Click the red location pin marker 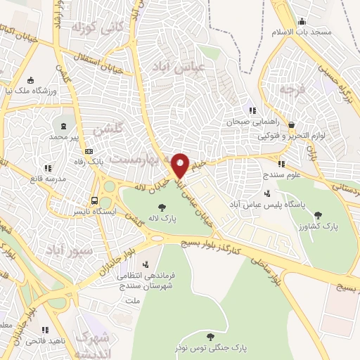[180, 165]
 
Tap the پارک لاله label [163, 219]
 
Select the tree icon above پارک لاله [163, 207]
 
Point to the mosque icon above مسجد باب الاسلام [302, 21]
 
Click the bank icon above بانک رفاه [89, 151]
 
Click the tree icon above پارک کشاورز [318, 214]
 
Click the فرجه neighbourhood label [289, 89]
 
